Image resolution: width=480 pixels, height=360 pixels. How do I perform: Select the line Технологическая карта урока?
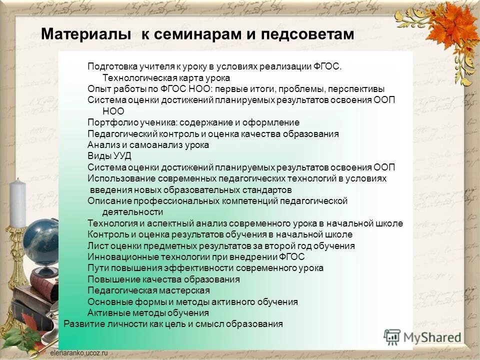pyautogui.click(x=166, y=78)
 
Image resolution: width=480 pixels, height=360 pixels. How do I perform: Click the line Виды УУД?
pyautogui.click(x=109, y=156)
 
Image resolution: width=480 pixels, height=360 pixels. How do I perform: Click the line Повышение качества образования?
pyautogui.click(x=163, y=279)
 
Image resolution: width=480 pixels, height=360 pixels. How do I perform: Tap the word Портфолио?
pyautogui.click(x=108, y=122)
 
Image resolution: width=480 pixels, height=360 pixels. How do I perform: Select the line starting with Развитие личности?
pyautogui.click(x=173, y=324)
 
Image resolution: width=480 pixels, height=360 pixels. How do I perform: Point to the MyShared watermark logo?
pyautogui.click(x=422, y=336)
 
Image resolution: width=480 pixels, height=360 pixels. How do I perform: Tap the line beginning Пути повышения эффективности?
pyautogui.click(x=205, y=268)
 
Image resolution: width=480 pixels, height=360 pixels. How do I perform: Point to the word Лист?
pyautogui.click(x=96, y=246)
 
